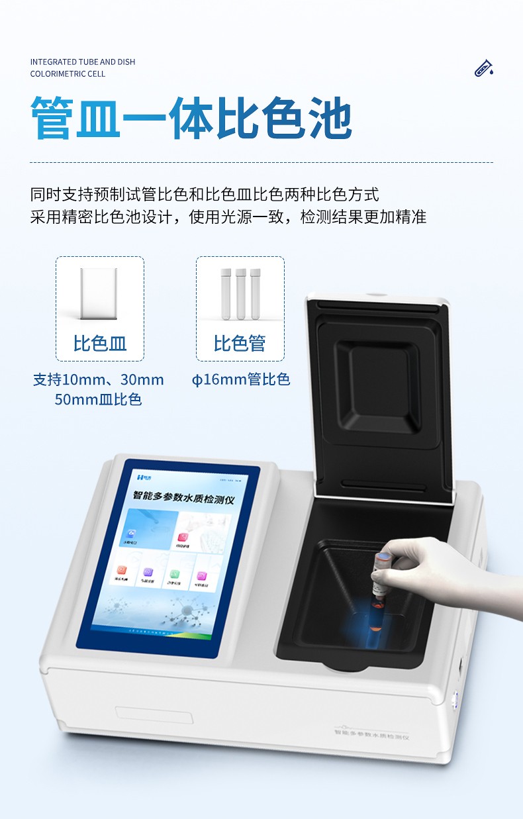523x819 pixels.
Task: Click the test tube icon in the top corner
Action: coord(484,68)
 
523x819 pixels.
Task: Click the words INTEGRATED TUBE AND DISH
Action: coord(83,62)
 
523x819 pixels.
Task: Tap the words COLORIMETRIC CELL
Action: coord(68,74)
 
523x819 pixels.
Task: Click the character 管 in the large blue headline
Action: coord(52,118)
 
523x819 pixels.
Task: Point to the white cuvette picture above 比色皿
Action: coord(99,295)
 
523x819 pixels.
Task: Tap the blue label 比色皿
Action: coord(100,344)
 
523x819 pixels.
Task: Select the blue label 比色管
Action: coord(240,344)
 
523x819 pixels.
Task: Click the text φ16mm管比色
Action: coord(241,380)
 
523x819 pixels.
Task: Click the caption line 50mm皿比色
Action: coord(98,399)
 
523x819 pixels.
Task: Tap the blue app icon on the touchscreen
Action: coord(132,534)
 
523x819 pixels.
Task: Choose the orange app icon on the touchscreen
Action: coord(122,569)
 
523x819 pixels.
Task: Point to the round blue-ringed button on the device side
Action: coord(455,698)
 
